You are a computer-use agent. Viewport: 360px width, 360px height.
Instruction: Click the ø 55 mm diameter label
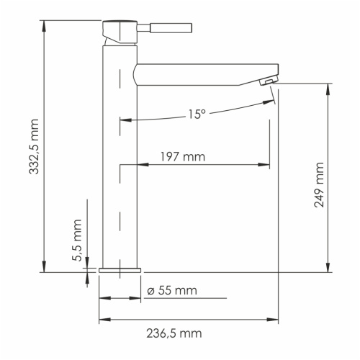171,290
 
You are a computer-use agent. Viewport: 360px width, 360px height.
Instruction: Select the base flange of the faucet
120,269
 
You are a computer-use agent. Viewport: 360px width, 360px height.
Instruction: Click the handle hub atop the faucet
117,31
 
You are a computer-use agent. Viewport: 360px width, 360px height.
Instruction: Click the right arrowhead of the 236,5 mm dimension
275,319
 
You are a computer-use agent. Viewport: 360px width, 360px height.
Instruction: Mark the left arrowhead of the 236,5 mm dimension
102,319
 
